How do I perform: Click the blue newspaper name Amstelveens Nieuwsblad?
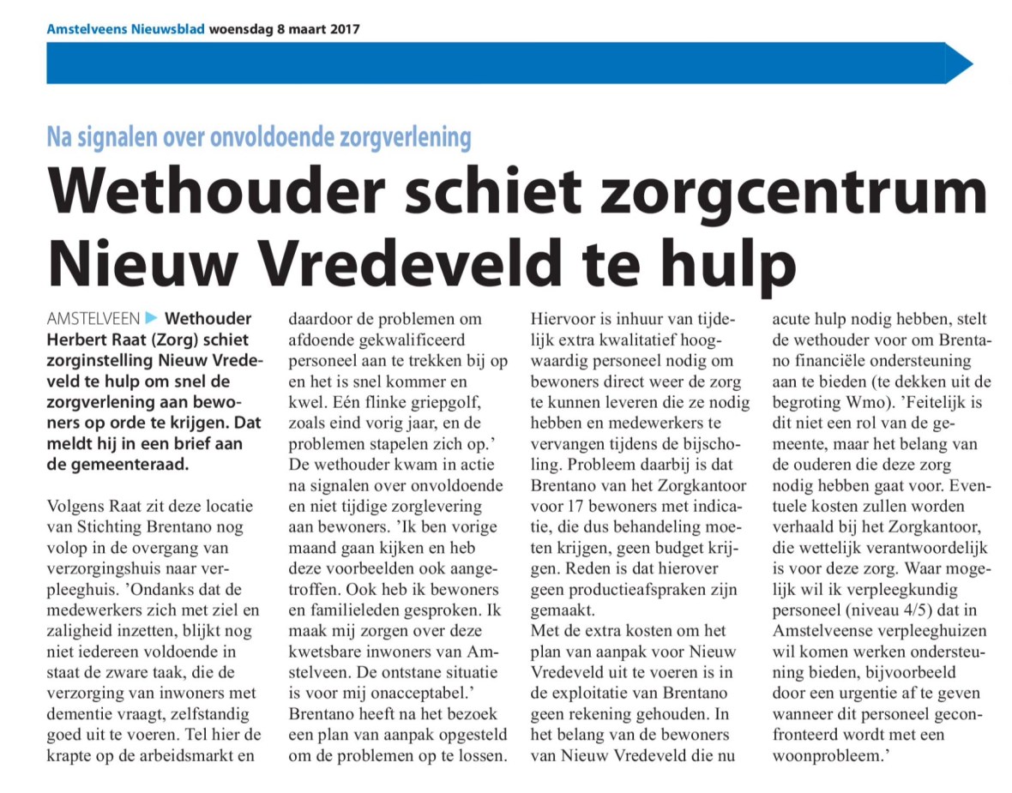125,28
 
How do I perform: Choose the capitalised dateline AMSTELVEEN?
93,318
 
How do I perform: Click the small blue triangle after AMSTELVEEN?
152,318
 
